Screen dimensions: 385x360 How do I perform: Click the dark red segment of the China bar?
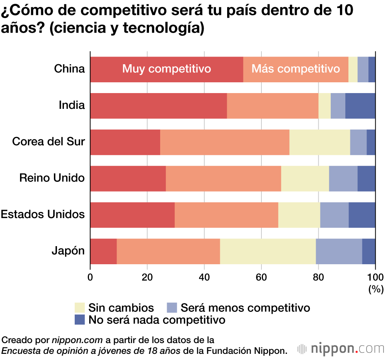tap(167, 69)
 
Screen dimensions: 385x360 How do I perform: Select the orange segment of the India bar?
tap(273, 106)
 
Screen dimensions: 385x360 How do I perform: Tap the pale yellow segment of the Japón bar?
tap(268, 251)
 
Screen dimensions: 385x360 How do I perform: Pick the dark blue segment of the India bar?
tap(360, 106)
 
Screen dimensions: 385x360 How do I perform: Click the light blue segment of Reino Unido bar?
tap(343, 178)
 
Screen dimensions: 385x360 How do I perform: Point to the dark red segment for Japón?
tap(103, 251)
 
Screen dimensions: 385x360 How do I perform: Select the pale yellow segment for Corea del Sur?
tap(320, 142)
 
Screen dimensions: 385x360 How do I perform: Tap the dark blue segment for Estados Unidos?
tap(362, 215)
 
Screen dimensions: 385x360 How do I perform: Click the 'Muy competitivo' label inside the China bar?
tap(167, 69)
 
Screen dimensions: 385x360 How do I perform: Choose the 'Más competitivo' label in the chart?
tap(296, 69)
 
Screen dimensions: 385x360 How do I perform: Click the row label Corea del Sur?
tap(49, 142)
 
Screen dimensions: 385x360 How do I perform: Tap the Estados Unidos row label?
tap(43, 214)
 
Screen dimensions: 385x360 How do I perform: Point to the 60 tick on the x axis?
tap(261, 277)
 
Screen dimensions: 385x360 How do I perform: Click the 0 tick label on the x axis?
tap(90, 277)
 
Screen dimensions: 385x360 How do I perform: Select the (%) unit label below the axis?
tap(376, 289)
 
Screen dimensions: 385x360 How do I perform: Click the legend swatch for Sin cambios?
tap(80, 308)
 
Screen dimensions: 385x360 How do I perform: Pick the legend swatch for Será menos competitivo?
tap(172, 308)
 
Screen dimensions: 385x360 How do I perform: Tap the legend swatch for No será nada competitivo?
tap(80, 320)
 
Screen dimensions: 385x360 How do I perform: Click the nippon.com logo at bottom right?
tap(340, 348)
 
